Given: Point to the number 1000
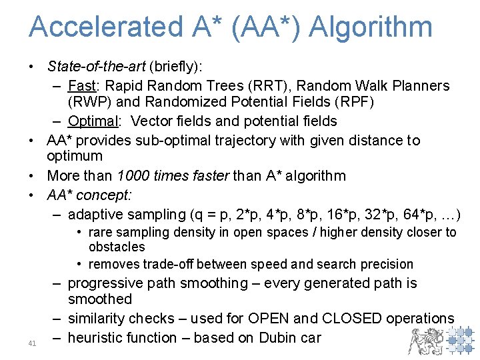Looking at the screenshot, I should [x=133, y=176].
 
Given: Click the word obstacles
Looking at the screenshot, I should [x=117, y=247].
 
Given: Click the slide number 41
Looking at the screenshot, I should [x=32, y=343].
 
